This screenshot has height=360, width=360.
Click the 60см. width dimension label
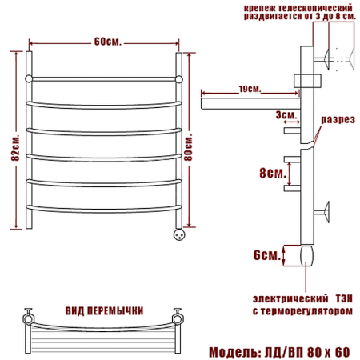pyautogui.click(x=108, y=42)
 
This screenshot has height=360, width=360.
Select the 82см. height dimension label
pyautogui.click(x=15, y=148)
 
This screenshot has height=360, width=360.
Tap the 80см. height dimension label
pyautogui.click(x=188, y=148)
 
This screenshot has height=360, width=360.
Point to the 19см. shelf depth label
pyautogui.click(x=250, y=89)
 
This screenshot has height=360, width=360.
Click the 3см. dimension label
pyautogui.click(x=286, y=115)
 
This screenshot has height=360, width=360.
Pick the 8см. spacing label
pyautogui.click(x=273, y=173)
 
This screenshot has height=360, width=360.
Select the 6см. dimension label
pyautogui.click(x=267, y=255)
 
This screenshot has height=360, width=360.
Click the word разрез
pyautogui.click(x=338, y=119)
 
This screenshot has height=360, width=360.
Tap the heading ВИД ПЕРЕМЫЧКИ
pyautogui.click(x=104, y=311)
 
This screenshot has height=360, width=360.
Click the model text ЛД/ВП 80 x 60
pyautogui.click(x=307, y=352)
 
